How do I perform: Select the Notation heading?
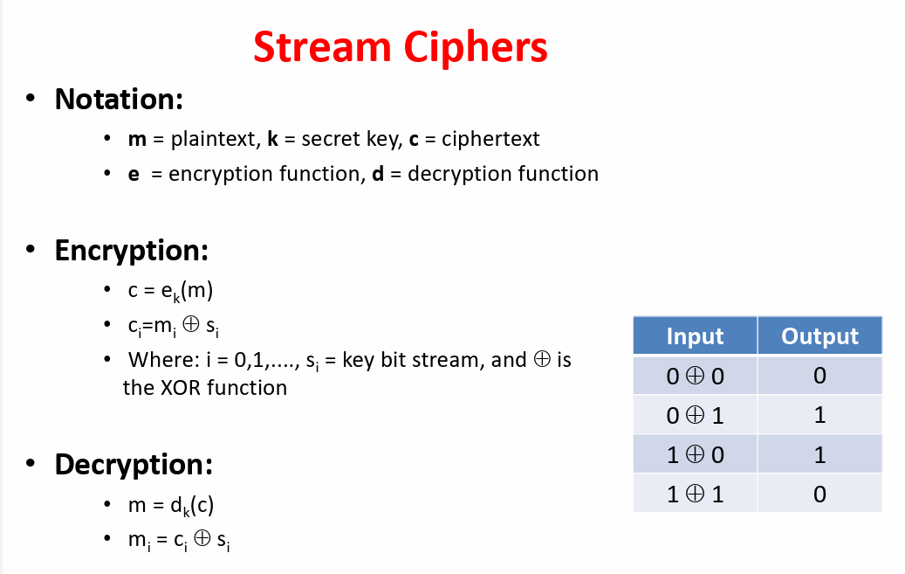click(118, 99)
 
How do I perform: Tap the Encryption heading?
click(131, 251)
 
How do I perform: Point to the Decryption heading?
click(134, 464)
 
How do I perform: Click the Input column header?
click(695, 336)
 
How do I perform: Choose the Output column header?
click(819, 336)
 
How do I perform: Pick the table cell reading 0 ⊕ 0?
click(695, 377)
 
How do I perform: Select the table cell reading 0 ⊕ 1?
click(695, 416)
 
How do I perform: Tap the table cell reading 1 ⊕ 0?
click(695, 455)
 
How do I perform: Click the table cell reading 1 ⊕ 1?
click(695, 494)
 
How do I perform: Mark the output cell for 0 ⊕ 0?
click(819, 377)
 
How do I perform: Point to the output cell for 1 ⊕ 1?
click(819, 494)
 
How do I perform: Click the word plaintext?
click(209, 139)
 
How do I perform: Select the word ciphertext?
click(490, 139)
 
